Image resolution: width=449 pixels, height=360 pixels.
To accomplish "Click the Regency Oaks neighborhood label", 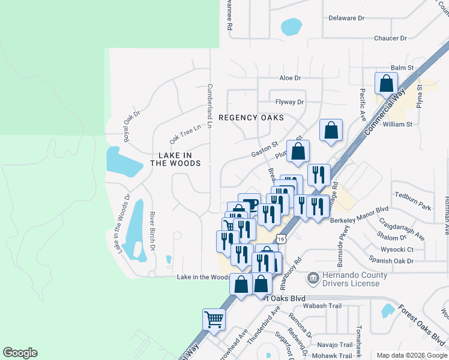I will click(x=251, y=118).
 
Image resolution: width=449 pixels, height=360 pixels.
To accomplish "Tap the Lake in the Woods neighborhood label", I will click(x=175, y=159).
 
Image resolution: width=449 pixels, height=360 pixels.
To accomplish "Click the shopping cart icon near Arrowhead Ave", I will click(x=214, y=319).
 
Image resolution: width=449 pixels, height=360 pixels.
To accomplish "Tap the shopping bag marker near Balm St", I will click(x=386, y=84).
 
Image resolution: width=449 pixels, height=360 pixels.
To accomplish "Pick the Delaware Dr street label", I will click(x=346, y=18).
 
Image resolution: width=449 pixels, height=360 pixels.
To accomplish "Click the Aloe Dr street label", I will click(x=290, y=78).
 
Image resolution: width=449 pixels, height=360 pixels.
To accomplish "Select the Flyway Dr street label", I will click(x=289, y=102).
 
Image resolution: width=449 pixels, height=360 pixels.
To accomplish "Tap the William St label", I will click(x=397, y=124).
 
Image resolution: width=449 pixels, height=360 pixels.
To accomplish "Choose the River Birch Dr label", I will click(x=152, y=231).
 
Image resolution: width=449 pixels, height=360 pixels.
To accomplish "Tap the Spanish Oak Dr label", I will click(x=393, y=261).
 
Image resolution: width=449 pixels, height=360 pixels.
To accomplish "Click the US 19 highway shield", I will click(x=282, y=239).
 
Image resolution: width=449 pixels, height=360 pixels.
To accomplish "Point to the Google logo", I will click(x=20, y=353).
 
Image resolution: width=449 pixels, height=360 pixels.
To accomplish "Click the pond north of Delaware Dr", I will click(x=291, y=26).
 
